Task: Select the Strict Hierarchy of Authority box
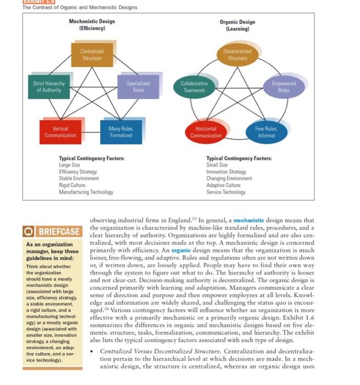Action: coord(49,87)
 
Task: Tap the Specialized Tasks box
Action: coord(138,87)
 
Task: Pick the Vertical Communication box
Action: coord(60,132)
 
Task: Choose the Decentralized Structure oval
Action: coord(237,54)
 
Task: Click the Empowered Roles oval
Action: coord(283,87)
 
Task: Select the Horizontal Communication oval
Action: coord(206,132)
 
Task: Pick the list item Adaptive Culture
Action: coord(224,185)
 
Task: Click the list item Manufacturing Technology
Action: coord(86,192)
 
